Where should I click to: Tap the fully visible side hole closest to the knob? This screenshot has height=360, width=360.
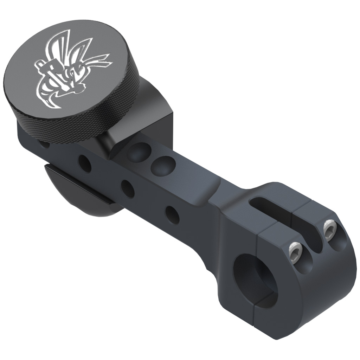[x=84, y=163]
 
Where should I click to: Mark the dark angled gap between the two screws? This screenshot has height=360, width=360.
[x=313, y=243]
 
